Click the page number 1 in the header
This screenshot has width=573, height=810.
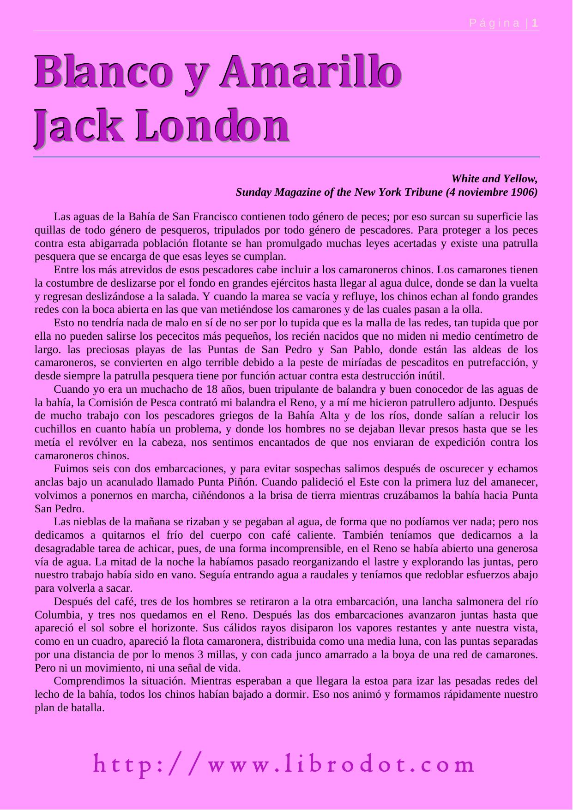[x=535, y=23]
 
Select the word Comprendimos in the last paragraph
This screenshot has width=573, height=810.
[x=85, y=681]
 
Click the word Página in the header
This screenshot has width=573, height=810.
[x=494, y=23]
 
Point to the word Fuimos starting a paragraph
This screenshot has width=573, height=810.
[x=69, y=469]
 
